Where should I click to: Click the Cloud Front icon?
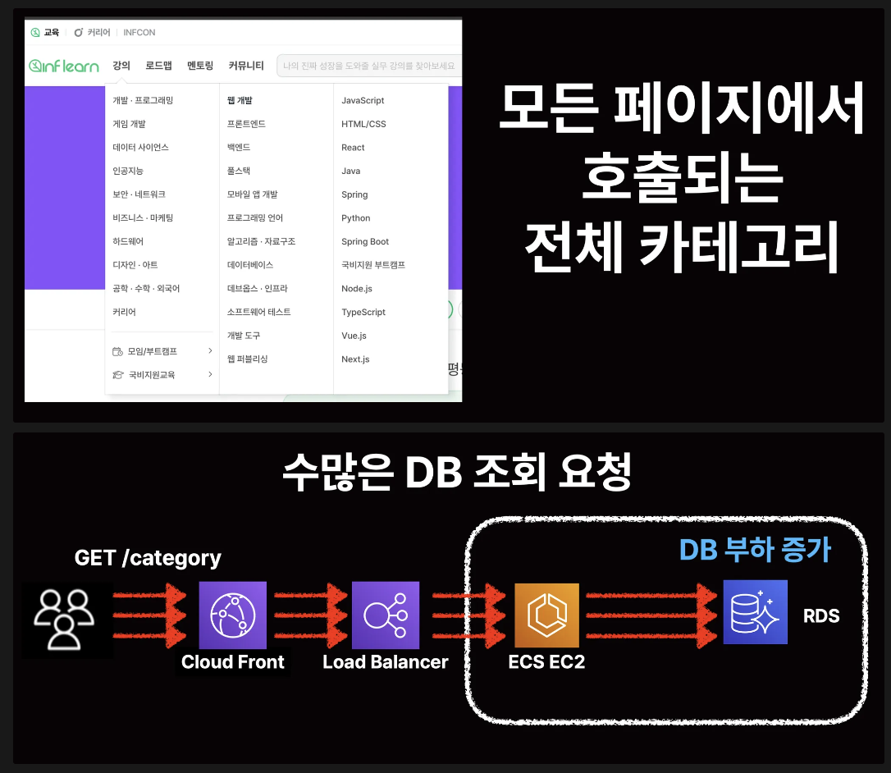pyautogui.click(x=233, y=615)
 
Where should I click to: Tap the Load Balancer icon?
pyautogui.click(x=385, y=615)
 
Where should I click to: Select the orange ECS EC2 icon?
pyautogui.click(x=546, y=615)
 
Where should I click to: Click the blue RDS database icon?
pyautogui.click(x=755, y=612)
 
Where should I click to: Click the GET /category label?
pyautogui.click(x=148, y=558)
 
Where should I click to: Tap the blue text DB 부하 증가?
pyautogui.click(x=755, y=550)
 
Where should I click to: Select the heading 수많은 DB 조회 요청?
pyautogui.click(x=457, y=474)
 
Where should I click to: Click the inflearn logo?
pyautogui.click(x=64, y=66)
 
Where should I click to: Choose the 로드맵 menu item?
pyautogui.click(x=158, y=66)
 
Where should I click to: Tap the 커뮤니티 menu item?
pyautogui.click(x=246, y=66)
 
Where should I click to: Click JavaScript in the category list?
pyautogui.click(x=363, y=100)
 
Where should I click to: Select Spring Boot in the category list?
pyautogui.click(x=365, y=242)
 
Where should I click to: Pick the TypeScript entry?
pyautogui.click(x=363, y=313)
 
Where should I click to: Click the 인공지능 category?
pyautogui.click(x=129, y=171)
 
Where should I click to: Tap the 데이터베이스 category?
pyautogui.click(x=250, y=265)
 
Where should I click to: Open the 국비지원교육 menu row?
pyautogui.click(x=152, y=375)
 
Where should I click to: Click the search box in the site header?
pyautogui.click(x=369, y=66)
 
